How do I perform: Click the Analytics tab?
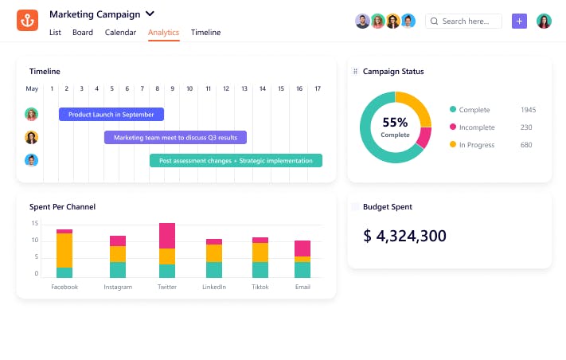163,33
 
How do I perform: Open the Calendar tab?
120,33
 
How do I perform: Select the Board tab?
82,33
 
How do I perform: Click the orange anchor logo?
27,20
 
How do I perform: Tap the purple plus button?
519,22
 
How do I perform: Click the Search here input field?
463,22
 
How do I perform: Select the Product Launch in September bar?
111,115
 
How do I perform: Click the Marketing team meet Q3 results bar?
175,138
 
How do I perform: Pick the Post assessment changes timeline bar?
236,161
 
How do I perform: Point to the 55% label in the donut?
395,123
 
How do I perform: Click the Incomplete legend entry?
476,127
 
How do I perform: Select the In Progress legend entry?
476,145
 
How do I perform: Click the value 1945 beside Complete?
528,110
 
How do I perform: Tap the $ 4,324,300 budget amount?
404,236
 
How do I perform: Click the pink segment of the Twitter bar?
167,236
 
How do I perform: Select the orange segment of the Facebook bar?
64,250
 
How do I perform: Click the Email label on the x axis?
303,287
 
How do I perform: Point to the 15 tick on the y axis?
35,225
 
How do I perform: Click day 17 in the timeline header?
318,88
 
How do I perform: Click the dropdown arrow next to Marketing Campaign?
150,14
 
